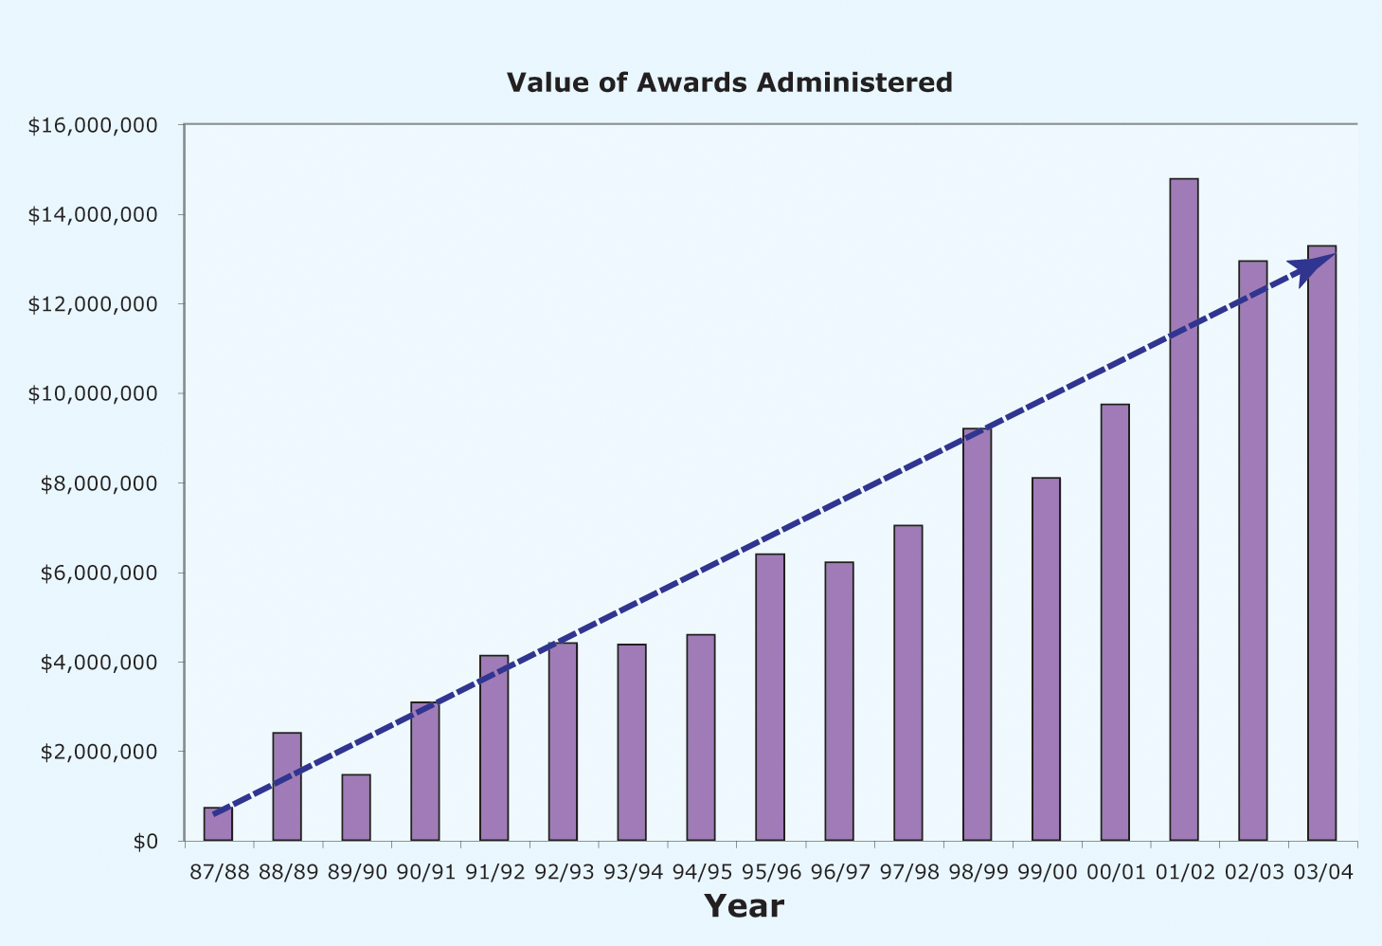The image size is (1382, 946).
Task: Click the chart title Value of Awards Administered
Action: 729,82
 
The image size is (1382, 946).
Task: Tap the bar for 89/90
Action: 356,808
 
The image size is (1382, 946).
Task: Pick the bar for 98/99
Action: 977,634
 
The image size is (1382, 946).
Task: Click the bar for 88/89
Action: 287,787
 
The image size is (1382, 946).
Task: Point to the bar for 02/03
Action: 1252,551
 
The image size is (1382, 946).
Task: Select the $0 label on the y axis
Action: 145,842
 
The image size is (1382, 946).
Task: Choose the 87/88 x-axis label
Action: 219,872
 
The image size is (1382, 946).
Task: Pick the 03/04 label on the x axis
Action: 1323,872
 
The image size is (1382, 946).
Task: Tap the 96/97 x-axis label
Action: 839,872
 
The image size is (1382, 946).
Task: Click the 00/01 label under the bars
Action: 1116,872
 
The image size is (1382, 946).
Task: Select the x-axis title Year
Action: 744,906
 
